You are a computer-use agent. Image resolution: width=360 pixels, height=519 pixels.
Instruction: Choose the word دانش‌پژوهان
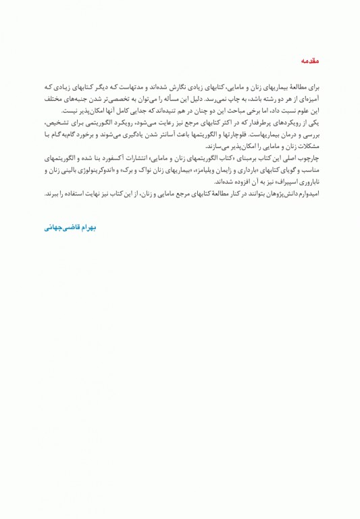(x=266, y=194)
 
